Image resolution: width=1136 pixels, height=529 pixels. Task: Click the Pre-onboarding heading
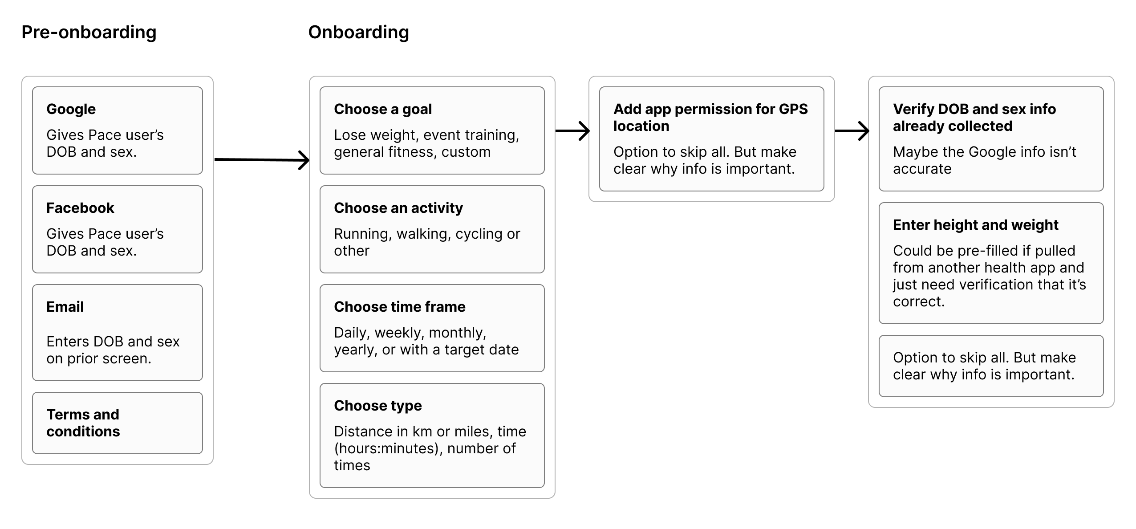click(89, 33)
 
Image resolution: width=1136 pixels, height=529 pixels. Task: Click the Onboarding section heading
click(358, 33)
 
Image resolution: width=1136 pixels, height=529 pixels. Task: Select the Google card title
click(71, 109)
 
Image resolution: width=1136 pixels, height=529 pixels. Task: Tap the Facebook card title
click(80, 208)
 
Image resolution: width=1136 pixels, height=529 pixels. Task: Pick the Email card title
click(65, 307)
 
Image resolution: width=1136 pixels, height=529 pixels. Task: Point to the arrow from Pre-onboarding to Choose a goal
click(262, 160)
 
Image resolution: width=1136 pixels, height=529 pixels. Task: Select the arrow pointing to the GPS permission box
click(572, 131)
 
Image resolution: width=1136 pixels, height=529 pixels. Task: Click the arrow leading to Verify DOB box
click(852, 131)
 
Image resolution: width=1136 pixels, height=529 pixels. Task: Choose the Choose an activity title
click(398, 208)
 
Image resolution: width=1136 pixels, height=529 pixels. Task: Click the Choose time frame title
click(400, 307)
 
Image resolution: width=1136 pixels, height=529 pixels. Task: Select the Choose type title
click(378, 406)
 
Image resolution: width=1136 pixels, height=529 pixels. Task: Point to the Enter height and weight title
click(975, 225)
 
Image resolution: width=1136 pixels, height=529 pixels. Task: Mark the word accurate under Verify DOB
click(922, 169)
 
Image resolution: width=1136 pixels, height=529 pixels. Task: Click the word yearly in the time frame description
click(354, 350)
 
